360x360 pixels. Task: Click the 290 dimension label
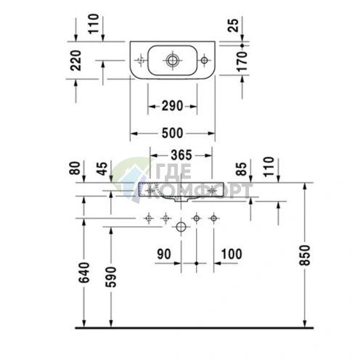pyautogui.click(x=172, y=106)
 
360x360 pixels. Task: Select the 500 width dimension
pyautogui.click(x=172, y=133)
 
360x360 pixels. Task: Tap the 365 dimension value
pyautogui.click(x=181, y=155)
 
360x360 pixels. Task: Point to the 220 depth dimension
pyautogui.click(x=75, y=60)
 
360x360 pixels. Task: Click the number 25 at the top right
pyautogui.click(x=233, y=25)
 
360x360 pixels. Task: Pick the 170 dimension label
pyautogui.click(x=242, y=62)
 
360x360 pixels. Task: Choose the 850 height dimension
pyautogui.click(x=305, y=255)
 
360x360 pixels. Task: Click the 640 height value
pyautogui.click(x=84, y=272)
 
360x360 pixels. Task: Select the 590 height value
pyautogui.click(x=111, y=277)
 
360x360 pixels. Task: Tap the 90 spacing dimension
pyautogui.click(x=164, y=254)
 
